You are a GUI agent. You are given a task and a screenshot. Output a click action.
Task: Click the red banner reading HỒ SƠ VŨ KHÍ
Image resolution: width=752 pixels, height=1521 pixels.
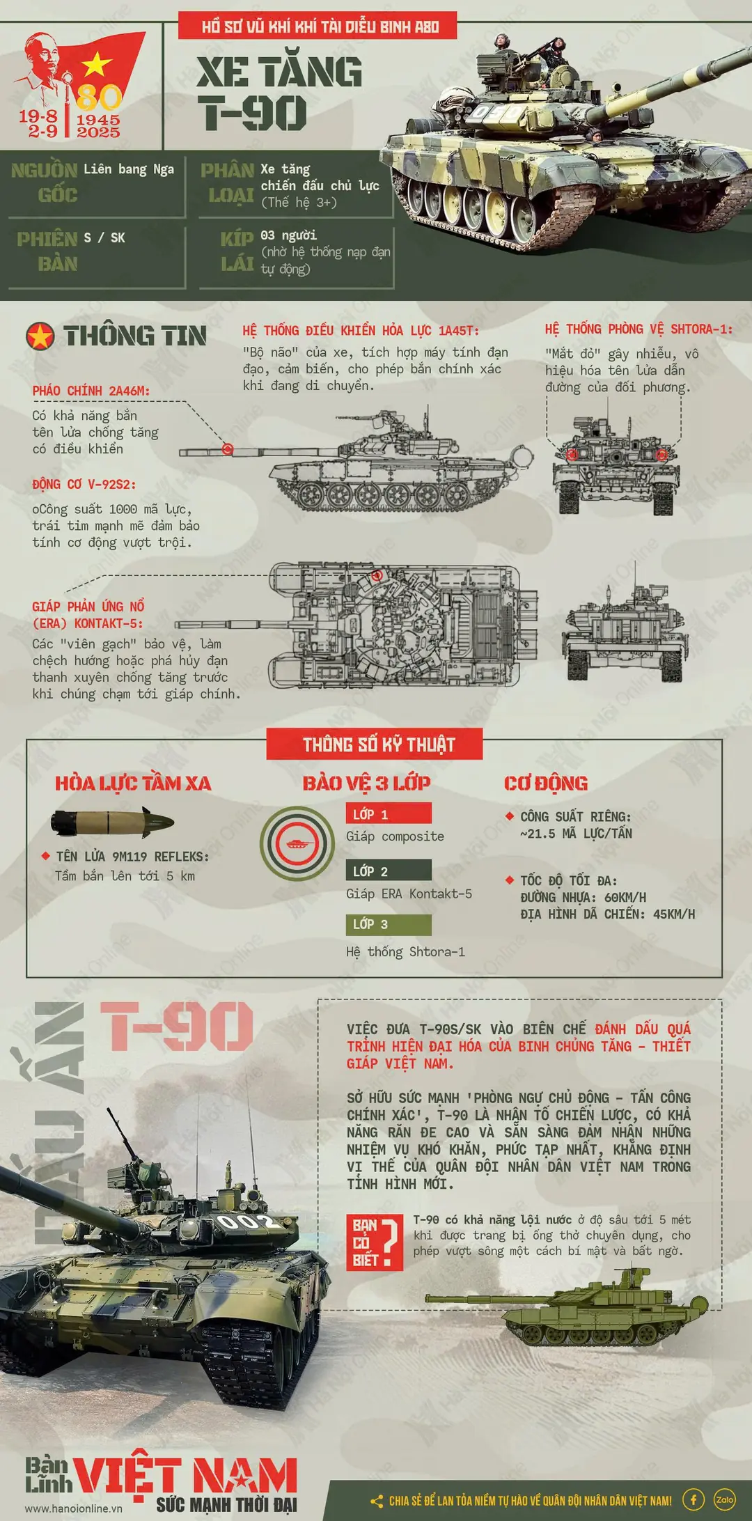coord(318,26)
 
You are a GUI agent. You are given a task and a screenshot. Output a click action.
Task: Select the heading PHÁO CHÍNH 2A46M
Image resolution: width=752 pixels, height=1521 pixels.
coord(91,391)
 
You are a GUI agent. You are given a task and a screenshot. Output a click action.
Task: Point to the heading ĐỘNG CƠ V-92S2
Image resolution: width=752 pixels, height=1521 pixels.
coord(84,484)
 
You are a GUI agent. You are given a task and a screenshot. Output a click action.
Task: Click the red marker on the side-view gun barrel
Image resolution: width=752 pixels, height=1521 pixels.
coord(227,449)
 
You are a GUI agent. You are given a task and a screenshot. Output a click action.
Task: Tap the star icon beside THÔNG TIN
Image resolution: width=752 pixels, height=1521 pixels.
coord(40,336)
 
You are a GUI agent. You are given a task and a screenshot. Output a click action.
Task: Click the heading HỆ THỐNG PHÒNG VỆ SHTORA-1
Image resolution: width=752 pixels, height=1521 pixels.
coord(639,329)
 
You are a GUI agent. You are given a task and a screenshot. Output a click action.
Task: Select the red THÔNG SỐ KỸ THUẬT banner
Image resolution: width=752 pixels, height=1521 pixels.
coord(375,744)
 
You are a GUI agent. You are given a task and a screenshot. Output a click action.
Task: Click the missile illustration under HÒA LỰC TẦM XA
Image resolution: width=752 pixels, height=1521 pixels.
coord(112,822)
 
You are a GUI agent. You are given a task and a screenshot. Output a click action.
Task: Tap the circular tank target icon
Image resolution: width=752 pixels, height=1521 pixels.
coord(297,843)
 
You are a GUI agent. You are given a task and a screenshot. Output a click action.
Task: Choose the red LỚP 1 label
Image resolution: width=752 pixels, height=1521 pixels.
coord(389,813)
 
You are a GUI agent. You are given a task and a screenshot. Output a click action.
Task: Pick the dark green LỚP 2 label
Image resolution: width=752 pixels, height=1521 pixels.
coord(389,871)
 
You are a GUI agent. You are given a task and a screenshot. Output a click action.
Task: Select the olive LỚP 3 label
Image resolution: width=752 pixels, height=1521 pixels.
coord(389,924)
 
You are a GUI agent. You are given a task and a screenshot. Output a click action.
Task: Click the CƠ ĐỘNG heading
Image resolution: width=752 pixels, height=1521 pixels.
coord(546,783)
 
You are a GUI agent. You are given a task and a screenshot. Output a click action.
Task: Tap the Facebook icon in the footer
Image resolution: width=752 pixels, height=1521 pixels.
coord(693,1499)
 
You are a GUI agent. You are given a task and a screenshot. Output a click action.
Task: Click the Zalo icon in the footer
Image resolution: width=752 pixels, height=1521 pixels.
coord(725,1499)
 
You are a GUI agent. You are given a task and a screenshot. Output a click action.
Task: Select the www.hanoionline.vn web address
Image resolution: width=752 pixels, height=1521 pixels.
coord(73,1508)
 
